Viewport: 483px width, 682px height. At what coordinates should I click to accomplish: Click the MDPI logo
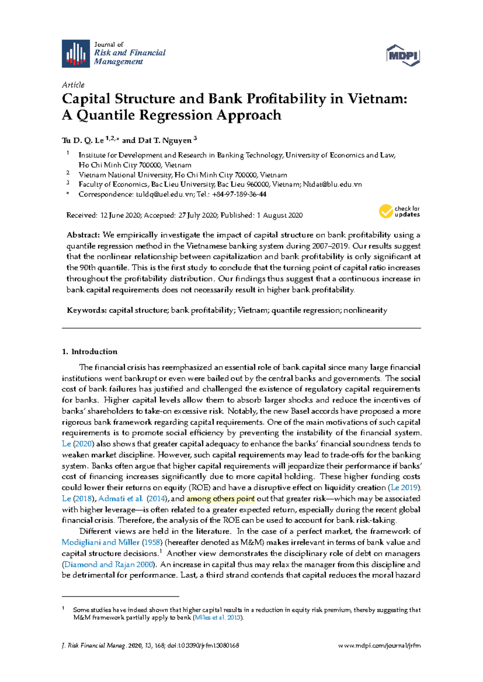[x=403, y=55]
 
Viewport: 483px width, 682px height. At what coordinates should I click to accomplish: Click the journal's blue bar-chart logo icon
[x=76, y=53]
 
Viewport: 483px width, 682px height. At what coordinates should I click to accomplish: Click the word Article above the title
[x=73, y=85]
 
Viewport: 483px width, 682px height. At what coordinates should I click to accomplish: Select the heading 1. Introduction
[x=89, y=352]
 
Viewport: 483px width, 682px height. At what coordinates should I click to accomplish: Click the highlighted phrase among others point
[x=221, y=499]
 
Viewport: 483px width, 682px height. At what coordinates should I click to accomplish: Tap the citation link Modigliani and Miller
[x=100, y=542]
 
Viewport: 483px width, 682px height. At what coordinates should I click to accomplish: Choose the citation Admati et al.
[x=120, y=499]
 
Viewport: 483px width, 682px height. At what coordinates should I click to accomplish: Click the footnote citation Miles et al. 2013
[x=218, y=618]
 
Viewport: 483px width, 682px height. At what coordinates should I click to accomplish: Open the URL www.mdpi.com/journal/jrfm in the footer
[x=380, y=646]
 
